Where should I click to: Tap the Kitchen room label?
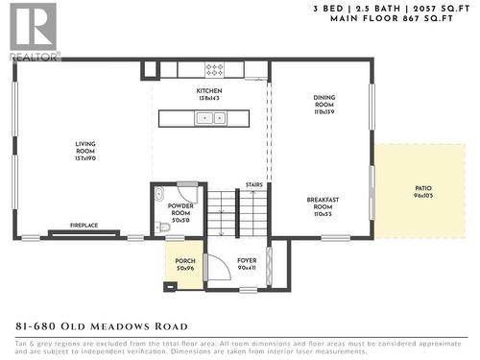click(x=208, y=94)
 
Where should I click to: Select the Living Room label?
click(x=85, y=151)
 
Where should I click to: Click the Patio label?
click(x=422, y=191)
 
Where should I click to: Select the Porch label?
click(x=184, y=264)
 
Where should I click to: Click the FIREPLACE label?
click(x=84, y=226)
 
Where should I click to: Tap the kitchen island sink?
click(x=209, y=118)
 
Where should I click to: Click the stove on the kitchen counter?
click(x=214, y=70)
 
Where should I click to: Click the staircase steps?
click(x=238, y=211)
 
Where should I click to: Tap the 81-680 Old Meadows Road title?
click(x=96, y=326)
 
